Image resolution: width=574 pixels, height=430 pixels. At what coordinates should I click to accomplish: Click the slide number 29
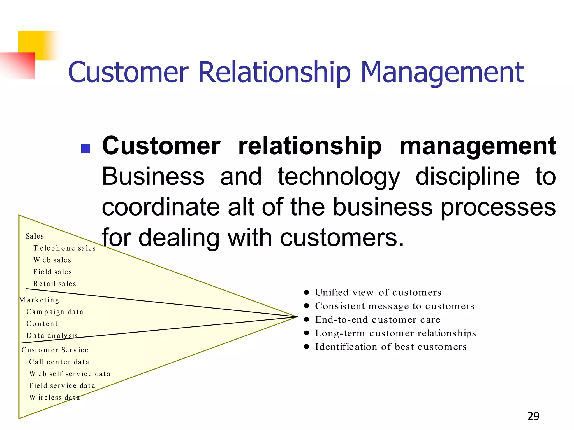(x=533, y=416)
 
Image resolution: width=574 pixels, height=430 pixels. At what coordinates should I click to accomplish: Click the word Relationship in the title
(x=274, y=73)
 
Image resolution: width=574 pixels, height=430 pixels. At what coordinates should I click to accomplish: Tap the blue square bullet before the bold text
(x=85, y=149)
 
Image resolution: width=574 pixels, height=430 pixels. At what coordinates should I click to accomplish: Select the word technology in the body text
(x=339, y=177)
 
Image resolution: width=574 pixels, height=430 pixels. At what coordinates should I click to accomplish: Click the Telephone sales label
(x=64, y=248)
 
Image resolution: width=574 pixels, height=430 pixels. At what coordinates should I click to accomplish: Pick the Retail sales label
(x=55, y=284)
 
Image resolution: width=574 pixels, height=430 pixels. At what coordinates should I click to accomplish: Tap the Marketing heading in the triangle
(x=39, y=300)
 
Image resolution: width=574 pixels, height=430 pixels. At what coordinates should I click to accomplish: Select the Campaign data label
(x=55, y=312)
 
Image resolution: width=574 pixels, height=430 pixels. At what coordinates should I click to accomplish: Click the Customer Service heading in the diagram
(x=55, y=350)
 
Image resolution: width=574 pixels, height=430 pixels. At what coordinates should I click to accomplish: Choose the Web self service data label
(x=70, y=374)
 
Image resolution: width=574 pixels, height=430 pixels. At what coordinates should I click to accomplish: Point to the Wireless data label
(x=55, y=398)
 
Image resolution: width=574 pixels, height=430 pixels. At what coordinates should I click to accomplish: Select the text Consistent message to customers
(x=395, y=306)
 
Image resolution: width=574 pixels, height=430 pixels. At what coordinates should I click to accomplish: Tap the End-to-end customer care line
(x=378, y=320)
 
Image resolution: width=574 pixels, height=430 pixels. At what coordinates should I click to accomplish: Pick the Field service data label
(x=62, y=386)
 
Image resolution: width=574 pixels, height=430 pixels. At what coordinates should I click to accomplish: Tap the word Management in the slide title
(x=442, y=73)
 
